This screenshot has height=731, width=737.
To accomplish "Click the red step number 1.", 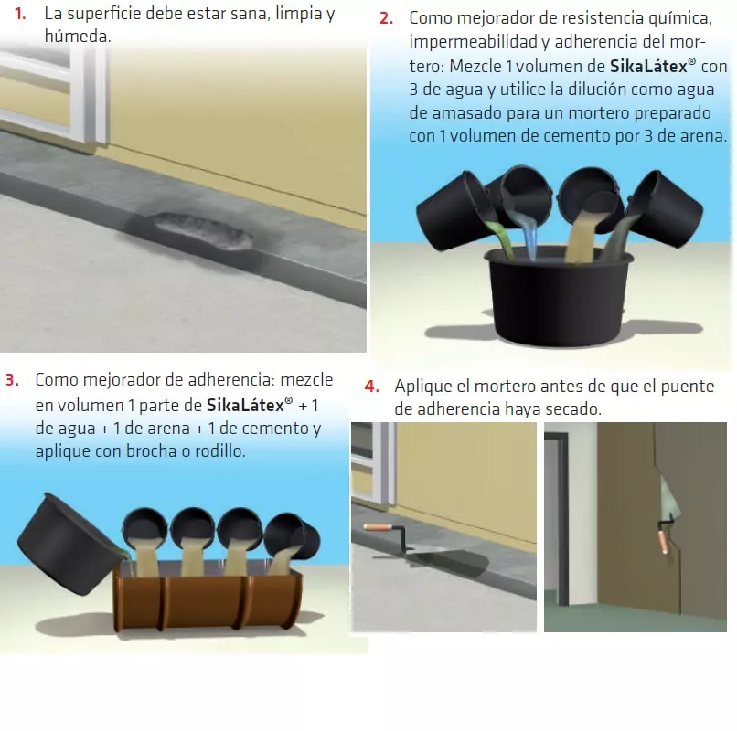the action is [20, 14].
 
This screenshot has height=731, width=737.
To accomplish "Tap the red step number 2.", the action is [387, 18].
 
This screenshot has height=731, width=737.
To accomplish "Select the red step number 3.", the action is [12, 379].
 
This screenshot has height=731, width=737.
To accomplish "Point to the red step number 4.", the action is [371, 387].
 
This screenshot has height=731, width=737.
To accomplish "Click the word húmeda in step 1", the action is [78, 37].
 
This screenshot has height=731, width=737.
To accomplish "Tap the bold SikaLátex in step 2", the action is [648, 66].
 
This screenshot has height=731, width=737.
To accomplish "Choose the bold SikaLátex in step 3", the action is [245, 405].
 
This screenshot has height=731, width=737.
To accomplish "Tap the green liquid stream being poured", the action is [501, 238].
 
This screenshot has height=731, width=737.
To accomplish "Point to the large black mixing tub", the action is [559, 296].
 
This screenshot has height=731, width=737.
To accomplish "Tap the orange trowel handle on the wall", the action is [664, 540].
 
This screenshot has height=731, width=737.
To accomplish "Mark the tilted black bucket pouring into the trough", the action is [69, 544].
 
